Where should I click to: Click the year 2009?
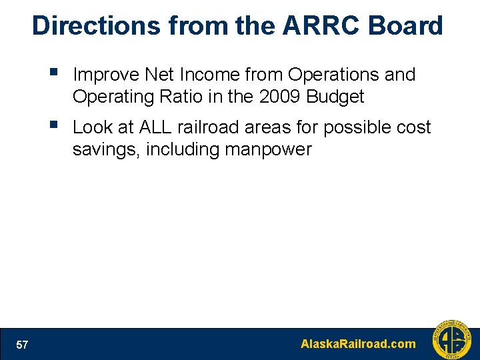point(280,97)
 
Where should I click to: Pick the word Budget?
point(335,97)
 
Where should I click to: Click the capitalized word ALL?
point(156,127)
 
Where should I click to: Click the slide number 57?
point(22,345)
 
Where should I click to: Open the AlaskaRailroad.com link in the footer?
point(358,345)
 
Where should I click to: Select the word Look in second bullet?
point(92,127)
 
